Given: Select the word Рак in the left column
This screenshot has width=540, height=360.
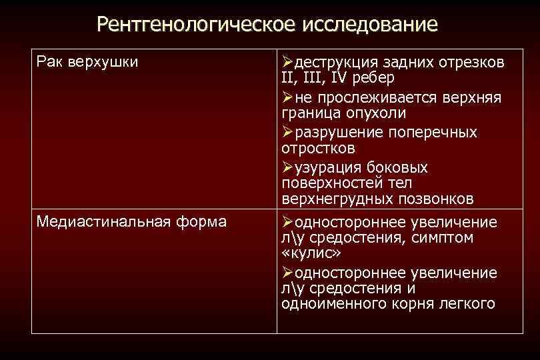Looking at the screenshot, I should pos(49,62).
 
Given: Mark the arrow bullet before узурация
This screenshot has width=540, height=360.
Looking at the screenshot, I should pos(287,166).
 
